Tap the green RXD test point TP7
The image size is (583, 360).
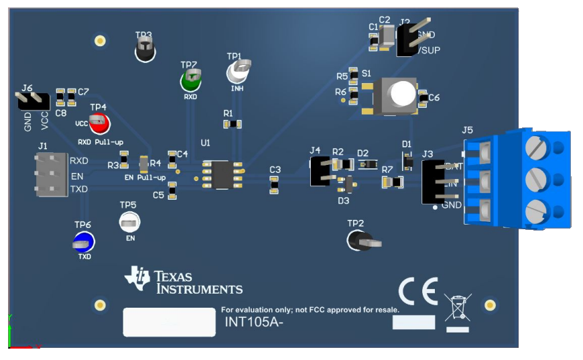(190, 81)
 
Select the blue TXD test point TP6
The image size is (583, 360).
(83, 242)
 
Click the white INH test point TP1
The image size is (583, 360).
(237, 71)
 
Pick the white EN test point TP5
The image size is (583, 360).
(129, 221)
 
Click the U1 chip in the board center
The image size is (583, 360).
(222, 174)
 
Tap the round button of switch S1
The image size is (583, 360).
(403, 94)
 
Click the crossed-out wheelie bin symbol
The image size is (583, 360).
(458, 308)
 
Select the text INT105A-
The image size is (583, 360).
(251, 323)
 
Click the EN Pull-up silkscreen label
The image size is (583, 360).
(145, 178)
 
